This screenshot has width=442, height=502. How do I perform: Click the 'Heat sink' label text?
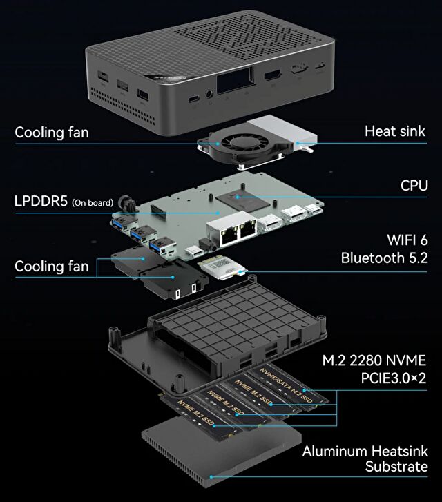pos(395,131)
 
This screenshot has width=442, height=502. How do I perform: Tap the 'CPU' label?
pos(414,186)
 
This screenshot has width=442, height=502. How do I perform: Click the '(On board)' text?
pos(93,203)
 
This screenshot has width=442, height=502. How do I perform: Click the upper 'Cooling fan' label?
pos(52,132)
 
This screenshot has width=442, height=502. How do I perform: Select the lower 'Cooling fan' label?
pos(52,266)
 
